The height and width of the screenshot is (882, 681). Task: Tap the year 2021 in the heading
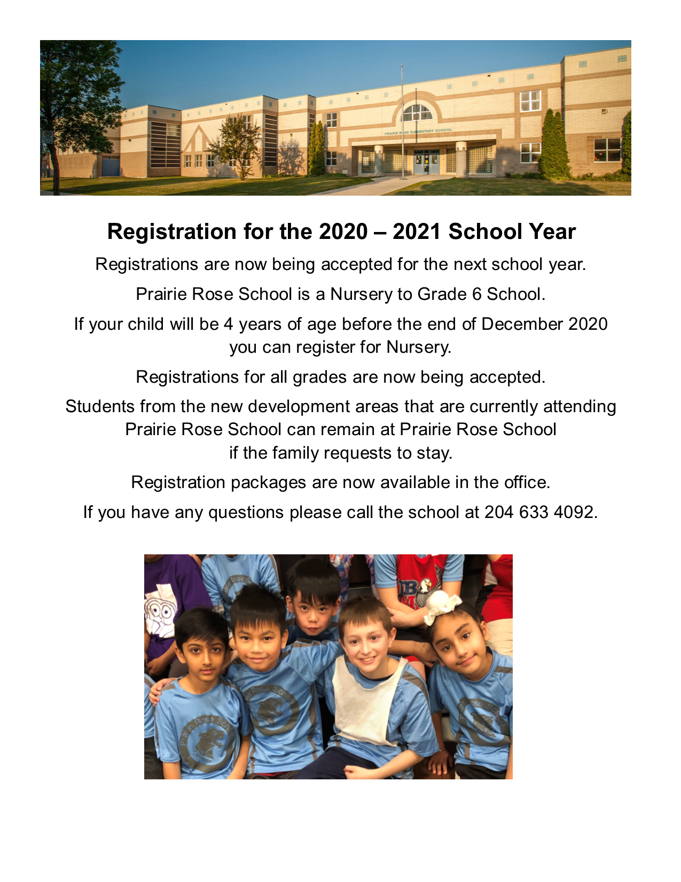(417, 232)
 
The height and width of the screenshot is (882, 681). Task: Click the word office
(527, 483)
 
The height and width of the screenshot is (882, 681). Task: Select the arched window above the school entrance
(417, 113)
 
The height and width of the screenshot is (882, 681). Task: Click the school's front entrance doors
(426, 161)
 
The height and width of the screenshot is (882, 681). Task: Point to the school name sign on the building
(418, 131)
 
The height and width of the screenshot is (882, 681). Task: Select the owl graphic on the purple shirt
(160, 612)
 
